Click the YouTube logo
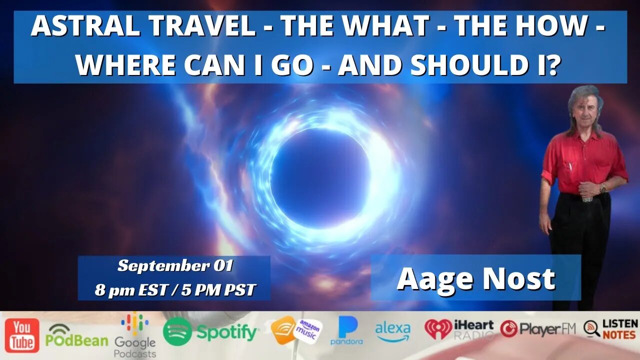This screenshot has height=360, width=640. tap(22, 335)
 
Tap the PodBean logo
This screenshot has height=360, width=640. tap(77, 335)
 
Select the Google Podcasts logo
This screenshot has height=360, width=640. tap(135, 334)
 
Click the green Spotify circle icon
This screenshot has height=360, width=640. tap(177, 331)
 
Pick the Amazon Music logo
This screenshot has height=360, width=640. tap(296, 330)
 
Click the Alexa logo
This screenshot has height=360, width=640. tap(392, 332)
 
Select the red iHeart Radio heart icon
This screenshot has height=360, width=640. tap(438, 329)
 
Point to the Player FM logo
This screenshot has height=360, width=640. tap(537, 328)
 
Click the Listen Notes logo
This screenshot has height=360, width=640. tap(610, 329)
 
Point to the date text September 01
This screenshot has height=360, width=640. tap(175, 265)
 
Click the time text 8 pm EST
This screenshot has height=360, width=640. tap(130, 290)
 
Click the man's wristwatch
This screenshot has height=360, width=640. tap(602, 188)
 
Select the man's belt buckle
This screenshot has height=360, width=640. tap(587, 199)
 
